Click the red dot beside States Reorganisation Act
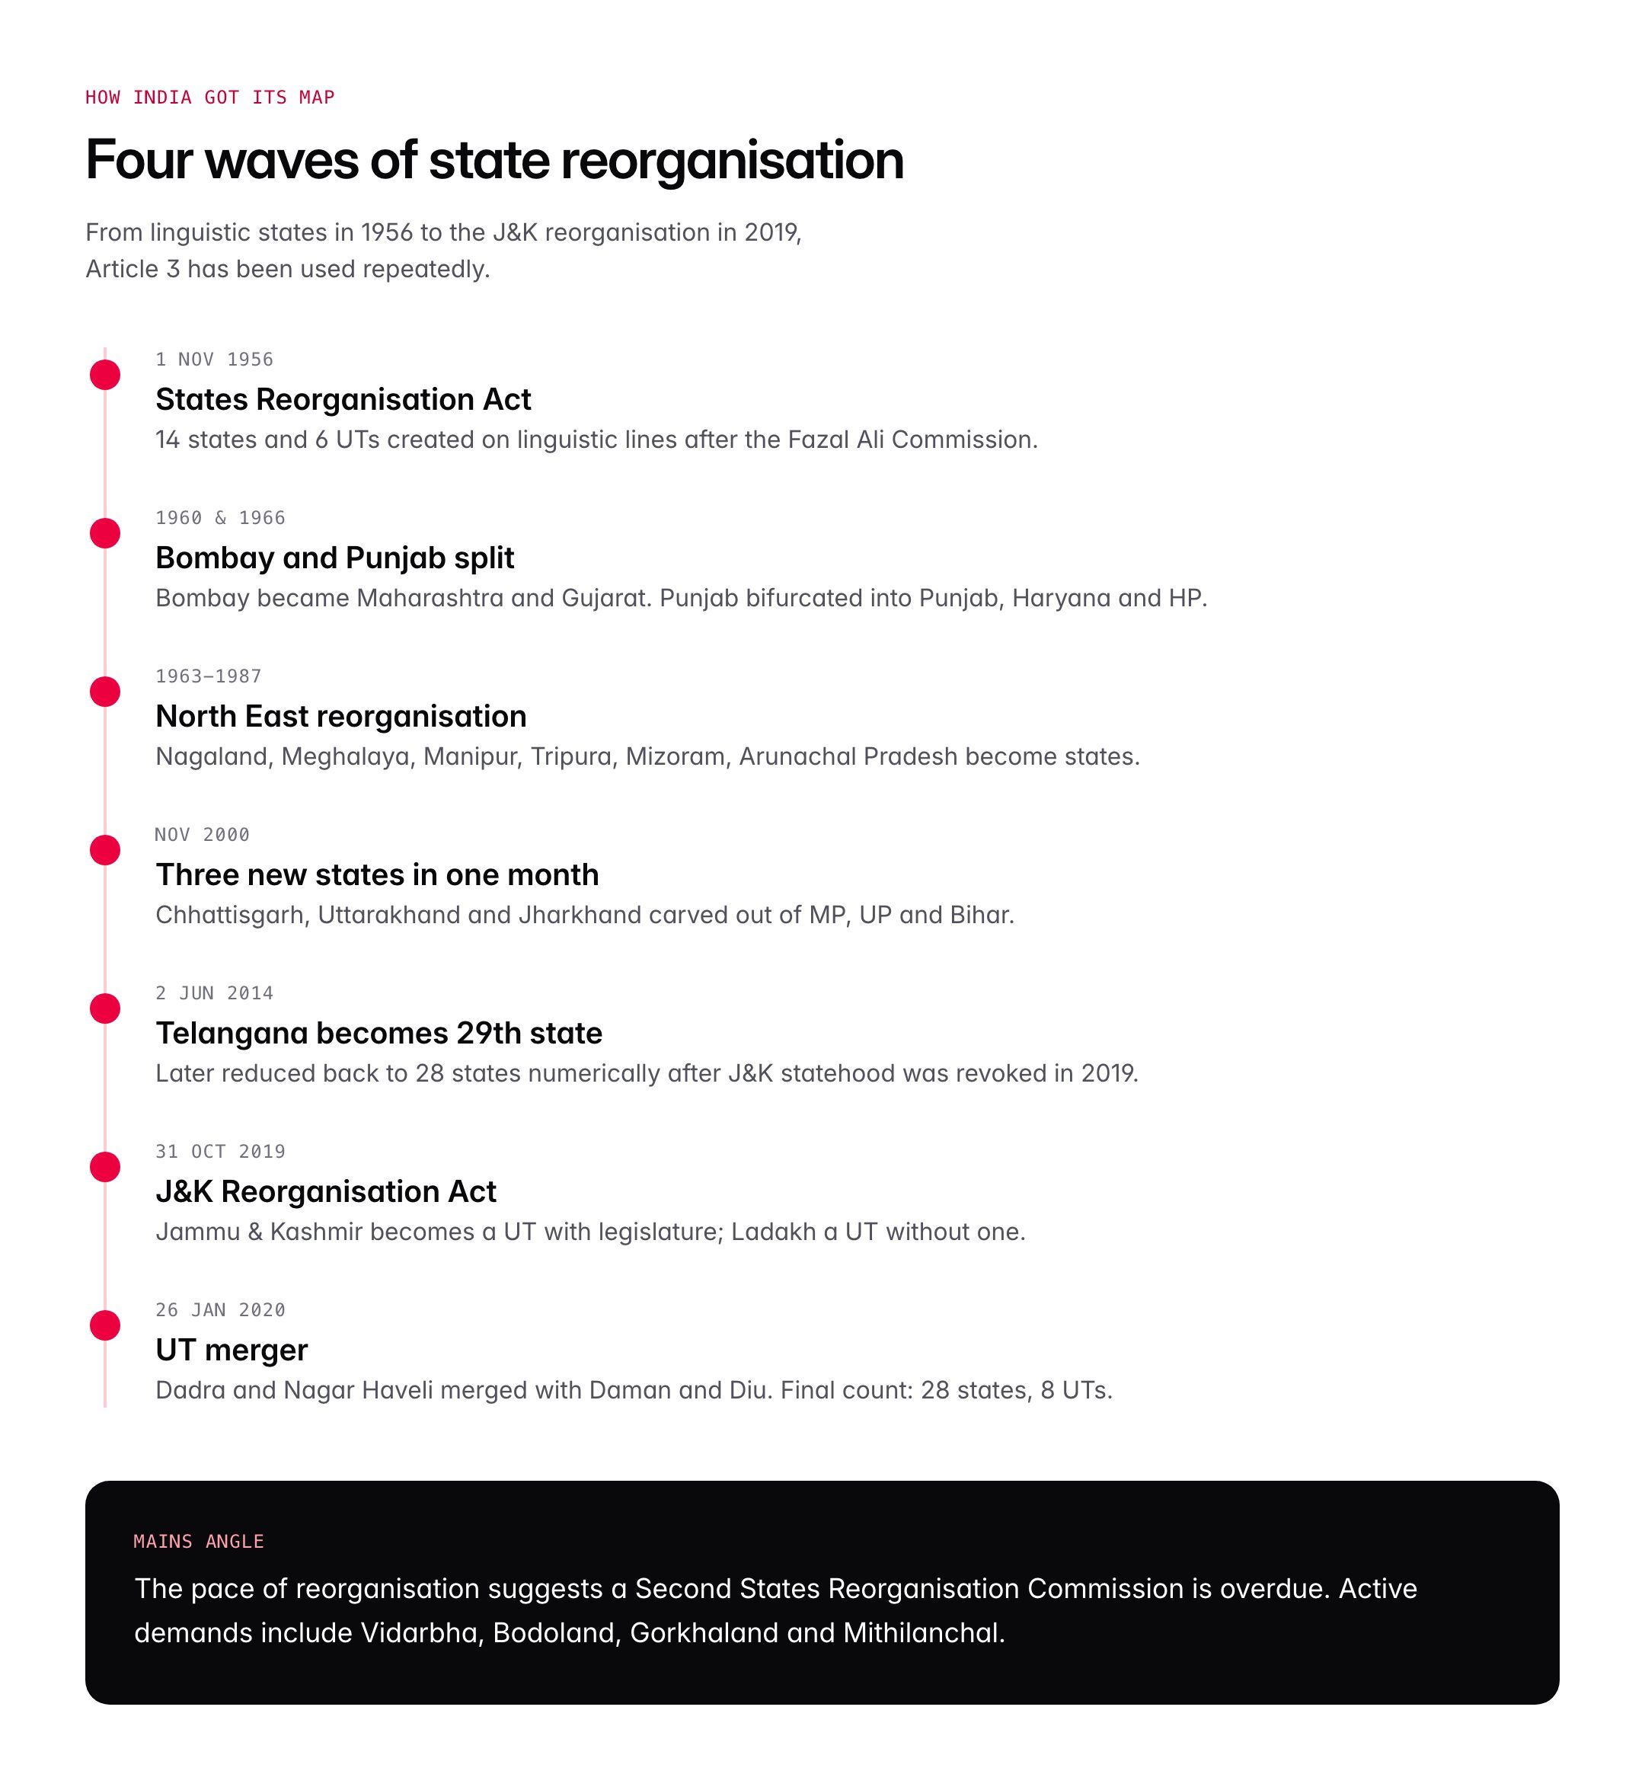tap(105, 375)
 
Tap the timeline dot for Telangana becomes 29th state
tap(105, 1008)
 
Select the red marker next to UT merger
tap(105, 1325)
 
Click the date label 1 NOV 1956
tap(214, 360)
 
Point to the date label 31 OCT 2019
tap(220, 1152)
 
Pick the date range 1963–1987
tap(209, 676)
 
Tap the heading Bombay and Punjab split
tap(334, 558)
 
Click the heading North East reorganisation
tap(341, 717)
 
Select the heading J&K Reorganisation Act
tap(326, 1192)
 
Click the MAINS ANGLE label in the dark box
tap(199, 1542)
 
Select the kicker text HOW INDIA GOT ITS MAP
tap(210, 97)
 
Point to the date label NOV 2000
tap(202, 835)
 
